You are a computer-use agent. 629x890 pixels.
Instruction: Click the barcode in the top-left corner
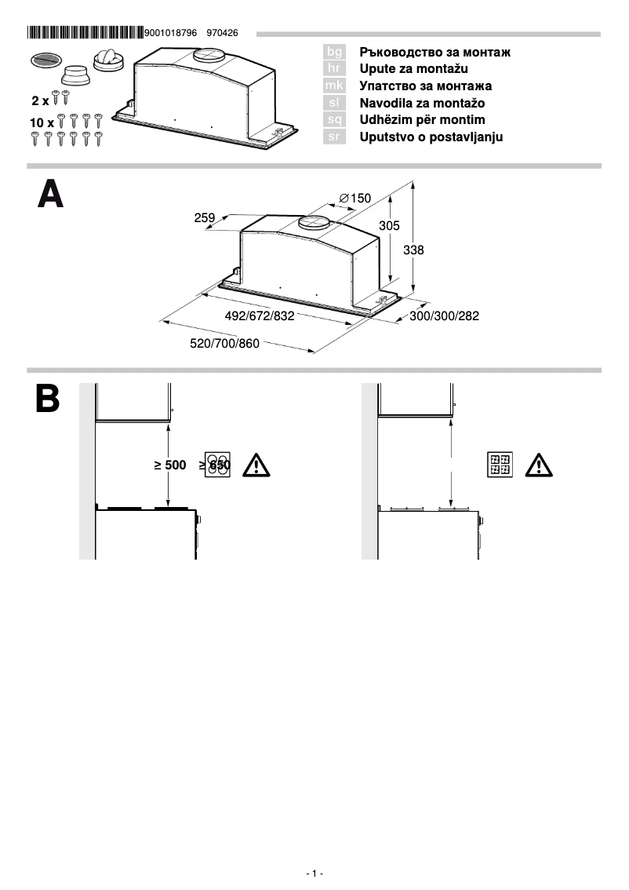tap(85, 33)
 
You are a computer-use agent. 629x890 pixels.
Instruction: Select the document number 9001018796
tap(171, 34)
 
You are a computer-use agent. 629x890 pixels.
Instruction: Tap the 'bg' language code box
tap(334, 52)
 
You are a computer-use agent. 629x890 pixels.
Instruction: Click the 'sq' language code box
tap(334, 120)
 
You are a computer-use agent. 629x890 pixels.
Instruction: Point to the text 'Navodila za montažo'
tap(422, 103)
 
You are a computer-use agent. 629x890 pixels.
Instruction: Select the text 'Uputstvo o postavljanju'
tap(431, 137)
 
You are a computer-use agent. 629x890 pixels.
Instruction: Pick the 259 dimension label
tap(205, 218)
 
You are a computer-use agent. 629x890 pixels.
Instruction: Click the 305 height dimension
tap(390, 226)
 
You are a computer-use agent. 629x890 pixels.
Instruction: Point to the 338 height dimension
tap(413, 250)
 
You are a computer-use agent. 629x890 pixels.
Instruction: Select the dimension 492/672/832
tap(260, 316)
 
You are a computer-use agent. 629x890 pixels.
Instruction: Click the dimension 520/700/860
tap(224, 344)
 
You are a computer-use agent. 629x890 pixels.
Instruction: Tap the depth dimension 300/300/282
tap(444, 316)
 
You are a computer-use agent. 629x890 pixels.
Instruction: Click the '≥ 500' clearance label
tap(170, 465)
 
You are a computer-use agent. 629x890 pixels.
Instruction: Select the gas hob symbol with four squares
tap(500, 465)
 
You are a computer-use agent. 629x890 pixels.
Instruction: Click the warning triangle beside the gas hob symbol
tap(539, 465)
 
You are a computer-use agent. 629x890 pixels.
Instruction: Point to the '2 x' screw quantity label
tap(40, 101)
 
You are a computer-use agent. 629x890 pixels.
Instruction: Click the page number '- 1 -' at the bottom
tap(314, 874)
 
